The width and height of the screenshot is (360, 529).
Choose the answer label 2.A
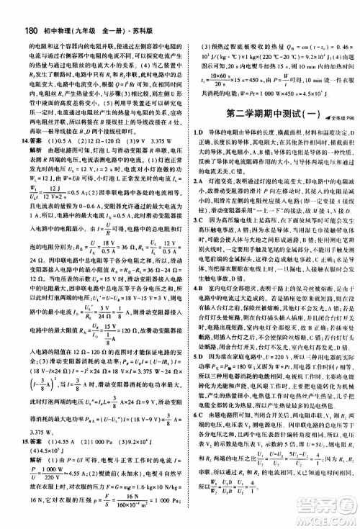pyautogui.click(x=191, y=182)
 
